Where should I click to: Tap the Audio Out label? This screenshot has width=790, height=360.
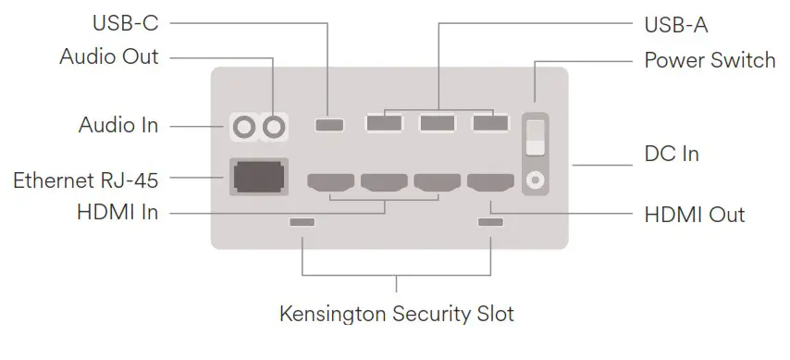[109, 57]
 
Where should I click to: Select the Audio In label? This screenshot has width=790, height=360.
[118, 124]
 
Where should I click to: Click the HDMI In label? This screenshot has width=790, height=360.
[117, 213]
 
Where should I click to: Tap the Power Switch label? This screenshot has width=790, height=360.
[710, 61]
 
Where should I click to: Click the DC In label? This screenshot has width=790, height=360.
[671, 154]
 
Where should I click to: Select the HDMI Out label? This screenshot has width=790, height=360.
[694, 215]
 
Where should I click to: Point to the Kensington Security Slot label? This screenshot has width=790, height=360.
[396, 314]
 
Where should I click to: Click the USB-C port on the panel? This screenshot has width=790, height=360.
[328, 123]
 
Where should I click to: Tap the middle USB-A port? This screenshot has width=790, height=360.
[438, 122]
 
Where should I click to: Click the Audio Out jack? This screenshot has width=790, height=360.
[275, 124]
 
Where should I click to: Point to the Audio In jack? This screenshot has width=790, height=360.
[244, 124]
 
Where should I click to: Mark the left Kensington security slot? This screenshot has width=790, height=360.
[302, 223]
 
